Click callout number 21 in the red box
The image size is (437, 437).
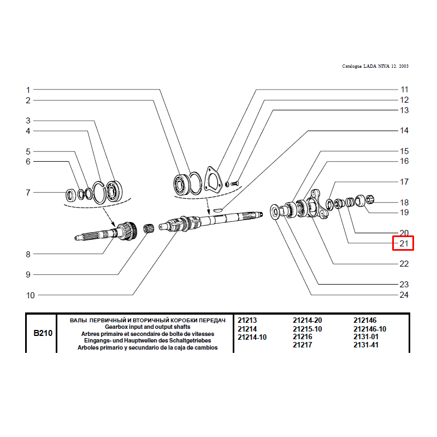(x=404, y=243)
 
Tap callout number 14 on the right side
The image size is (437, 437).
(x=404, y=131)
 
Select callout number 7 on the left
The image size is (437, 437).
(x=28, y=193)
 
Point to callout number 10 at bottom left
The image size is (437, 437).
(x=31, y=295)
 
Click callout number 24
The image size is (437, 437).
(x=404, y=295)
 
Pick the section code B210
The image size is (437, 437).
(x=43, y=333)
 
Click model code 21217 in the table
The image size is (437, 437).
(x=303, y=345)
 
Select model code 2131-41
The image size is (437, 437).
(x=366, y=345)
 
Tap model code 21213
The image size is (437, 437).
(x=247, y=321)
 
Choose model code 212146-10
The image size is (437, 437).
(x=370, y=329)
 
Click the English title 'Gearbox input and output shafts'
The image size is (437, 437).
(x=147, y=327)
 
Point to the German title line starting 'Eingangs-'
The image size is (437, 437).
(x=147, y=340)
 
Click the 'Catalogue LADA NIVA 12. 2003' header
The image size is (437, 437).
(x=375, y=66)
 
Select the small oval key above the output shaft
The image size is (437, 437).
(x=218, y=209)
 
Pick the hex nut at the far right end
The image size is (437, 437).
(x=369, y=199)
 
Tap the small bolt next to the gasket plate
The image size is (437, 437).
(x=235, y=183)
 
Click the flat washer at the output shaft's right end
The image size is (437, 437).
(x=275, y=212)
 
